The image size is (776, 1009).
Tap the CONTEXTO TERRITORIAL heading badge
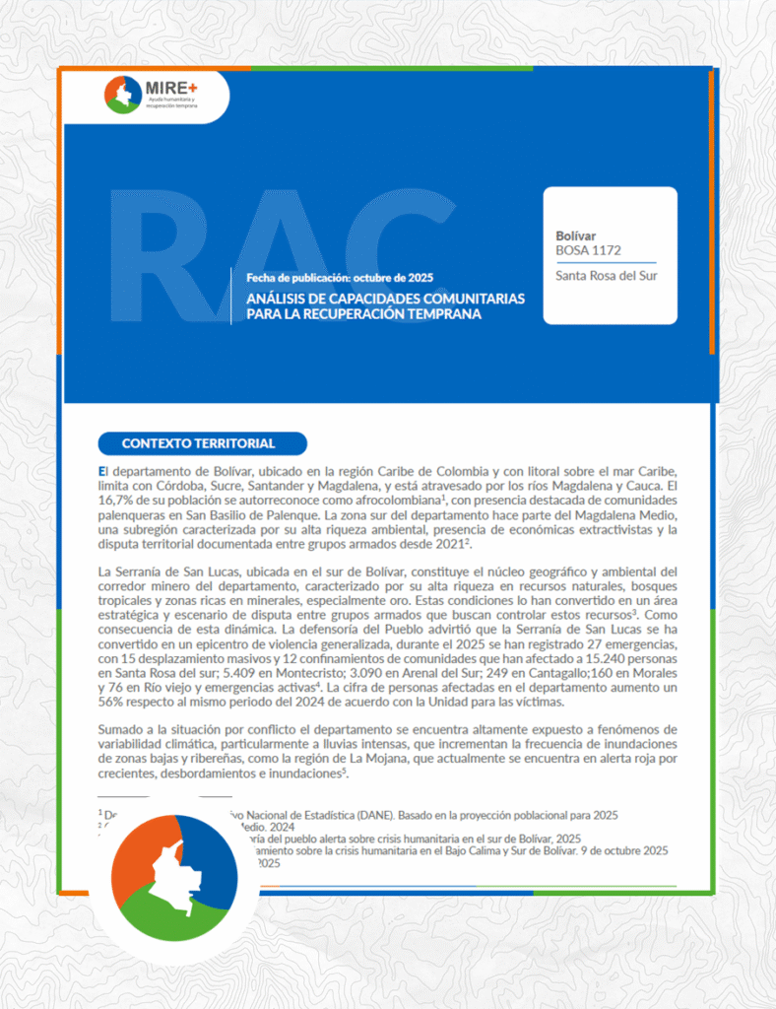[198, 443]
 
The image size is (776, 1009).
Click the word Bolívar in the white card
[576, 236]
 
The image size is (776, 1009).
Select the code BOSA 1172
[588, 251]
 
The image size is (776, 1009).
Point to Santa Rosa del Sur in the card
[606, 276]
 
